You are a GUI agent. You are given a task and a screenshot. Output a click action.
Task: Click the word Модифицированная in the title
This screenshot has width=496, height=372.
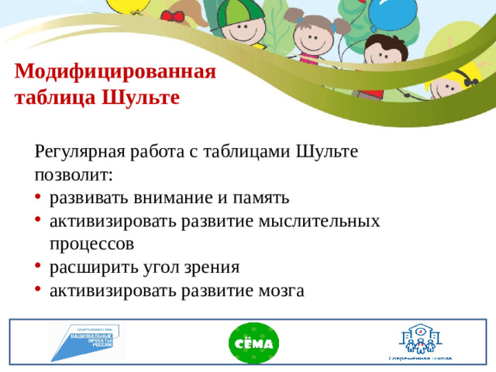115,73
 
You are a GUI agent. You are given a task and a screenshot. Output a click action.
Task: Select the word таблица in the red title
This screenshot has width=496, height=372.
52,98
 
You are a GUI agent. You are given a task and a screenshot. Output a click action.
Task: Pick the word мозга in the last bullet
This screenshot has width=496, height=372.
277,291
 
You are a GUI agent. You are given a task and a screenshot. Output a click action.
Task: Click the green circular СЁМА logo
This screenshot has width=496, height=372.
253,343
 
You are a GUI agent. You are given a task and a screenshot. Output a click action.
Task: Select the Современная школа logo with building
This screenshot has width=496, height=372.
420,341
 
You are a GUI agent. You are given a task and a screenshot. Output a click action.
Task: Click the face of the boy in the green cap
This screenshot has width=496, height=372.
244,35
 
